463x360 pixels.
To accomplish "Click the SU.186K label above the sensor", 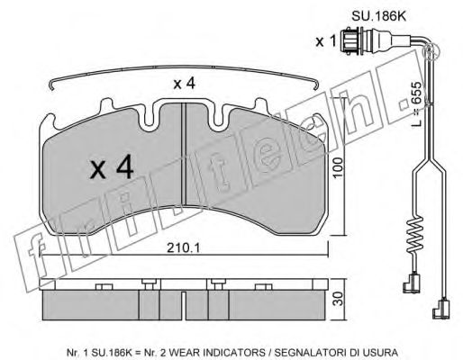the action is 378,16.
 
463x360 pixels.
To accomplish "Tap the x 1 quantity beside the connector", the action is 326,41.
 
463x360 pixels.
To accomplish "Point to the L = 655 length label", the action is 416,103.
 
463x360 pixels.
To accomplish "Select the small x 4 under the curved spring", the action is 185,84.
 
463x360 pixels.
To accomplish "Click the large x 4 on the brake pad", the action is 112,168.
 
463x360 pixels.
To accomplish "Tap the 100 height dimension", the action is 338,167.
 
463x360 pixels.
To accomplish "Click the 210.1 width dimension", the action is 184,247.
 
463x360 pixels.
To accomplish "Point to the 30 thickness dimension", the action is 339,299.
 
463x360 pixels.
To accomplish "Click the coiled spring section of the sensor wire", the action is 414,234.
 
